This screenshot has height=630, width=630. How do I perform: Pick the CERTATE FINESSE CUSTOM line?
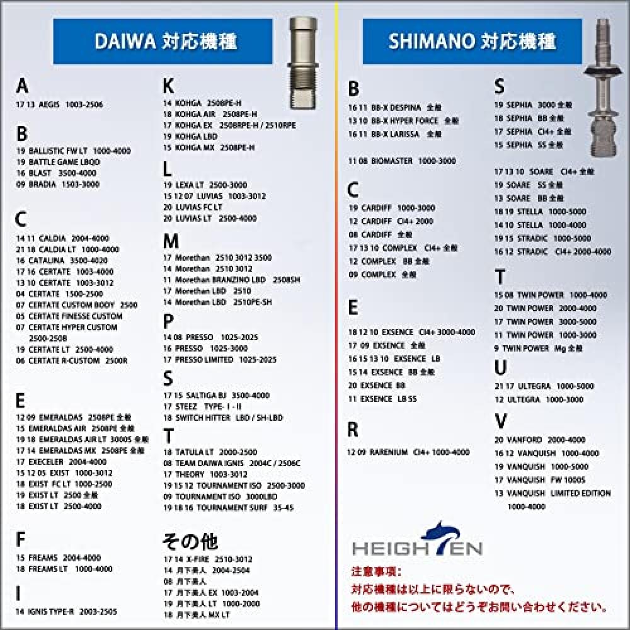pos(69,316)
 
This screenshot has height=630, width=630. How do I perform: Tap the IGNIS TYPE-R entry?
pos(66,611)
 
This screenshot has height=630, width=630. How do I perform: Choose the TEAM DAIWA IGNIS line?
pos(232,463)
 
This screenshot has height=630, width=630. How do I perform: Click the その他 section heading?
pos(190,541)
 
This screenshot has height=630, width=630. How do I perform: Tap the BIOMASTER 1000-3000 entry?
pos(401,161)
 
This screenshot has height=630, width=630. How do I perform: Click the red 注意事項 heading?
pos(375,572)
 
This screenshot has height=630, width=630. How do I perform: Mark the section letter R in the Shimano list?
pos(353,430)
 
